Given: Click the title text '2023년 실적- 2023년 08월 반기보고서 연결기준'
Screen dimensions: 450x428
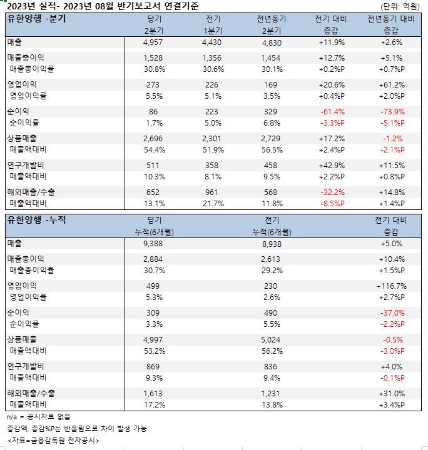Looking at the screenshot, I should [x=103, y=6].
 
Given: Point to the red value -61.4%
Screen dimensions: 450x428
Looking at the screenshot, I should [x=329, y=112].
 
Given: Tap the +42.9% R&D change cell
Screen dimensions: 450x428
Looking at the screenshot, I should [x=329, y=165].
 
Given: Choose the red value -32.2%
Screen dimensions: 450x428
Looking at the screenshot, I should [x=329, y=192].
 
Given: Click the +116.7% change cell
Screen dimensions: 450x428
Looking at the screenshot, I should [x=391, y=286].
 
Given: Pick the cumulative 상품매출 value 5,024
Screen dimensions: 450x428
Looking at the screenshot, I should [x=272, y=339].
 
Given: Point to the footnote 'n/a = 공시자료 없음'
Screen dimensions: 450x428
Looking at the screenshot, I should [x=39, y=417].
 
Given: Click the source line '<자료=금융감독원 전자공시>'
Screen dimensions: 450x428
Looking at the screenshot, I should [x=53, y=440].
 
